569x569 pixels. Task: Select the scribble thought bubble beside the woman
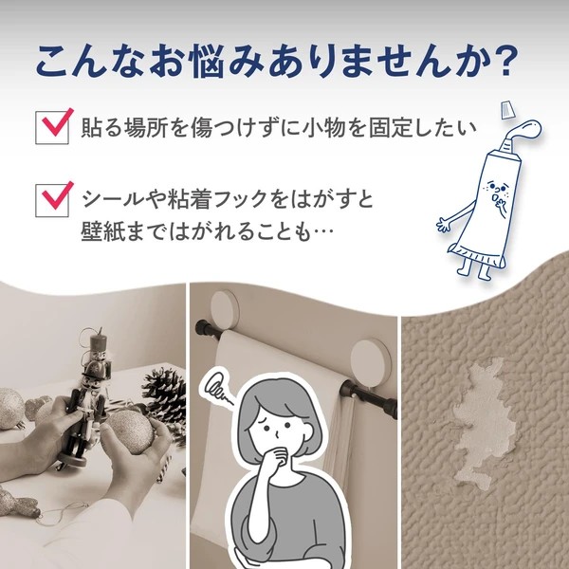point(217,387)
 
